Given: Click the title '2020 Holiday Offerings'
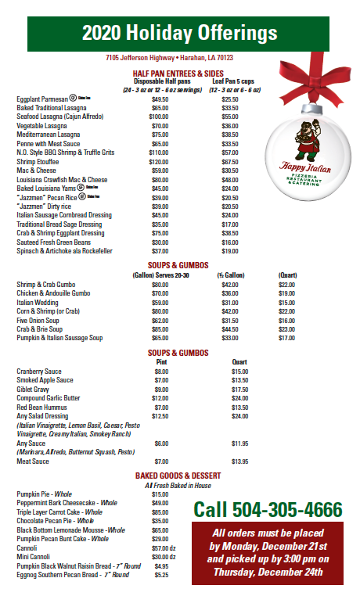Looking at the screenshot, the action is pos(179,33).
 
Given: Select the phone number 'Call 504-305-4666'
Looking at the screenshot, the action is pos(268,510).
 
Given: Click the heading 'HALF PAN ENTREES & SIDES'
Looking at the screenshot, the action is pos(178,74).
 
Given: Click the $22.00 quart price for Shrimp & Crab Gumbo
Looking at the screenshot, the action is pos(287,285).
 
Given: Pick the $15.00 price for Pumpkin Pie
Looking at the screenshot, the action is pos(160,494).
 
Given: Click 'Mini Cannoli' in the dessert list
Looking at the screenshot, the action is pos(35,557).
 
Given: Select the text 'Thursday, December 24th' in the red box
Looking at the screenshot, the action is pos(268,571).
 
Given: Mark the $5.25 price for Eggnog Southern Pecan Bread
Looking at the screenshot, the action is pos(161,575).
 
